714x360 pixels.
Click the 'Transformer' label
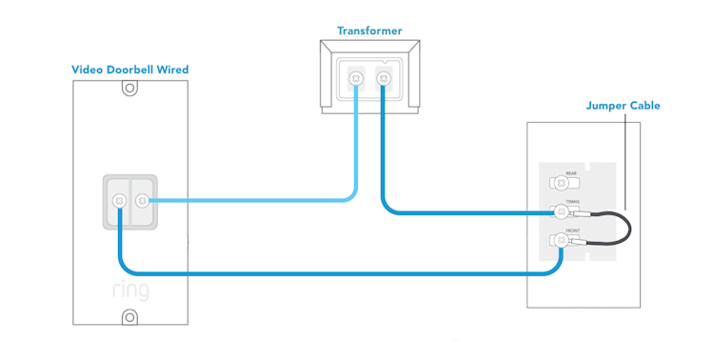(x=369, y=30)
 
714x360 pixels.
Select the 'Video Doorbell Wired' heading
(x=129, y=70)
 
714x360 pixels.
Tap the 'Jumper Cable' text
(x=623, y=106)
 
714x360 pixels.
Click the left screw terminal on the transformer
(x=357, y=77)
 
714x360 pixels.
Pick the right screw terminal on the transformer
(x=383, y=77)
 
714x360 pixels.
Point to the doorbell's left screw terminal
(x=119, y=201)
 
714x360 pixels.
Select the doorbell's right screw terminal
(x=142, y=201)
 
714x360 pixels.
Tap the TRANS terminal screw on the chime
(x=561, y=212)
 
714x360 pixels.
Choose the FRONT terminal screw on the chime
(x=561, y=241)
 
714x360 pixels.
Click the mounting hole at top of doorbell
(x=129, y=89)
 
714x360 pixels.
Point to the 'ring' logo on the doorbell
(x=129, y=290)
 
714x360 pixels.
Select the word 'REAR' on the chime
(x=571, y=173)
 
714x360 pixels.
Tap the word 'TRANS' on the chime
(x=572, y=202)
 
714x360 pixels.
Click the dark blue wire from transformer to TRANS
(x=457, y=213)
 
